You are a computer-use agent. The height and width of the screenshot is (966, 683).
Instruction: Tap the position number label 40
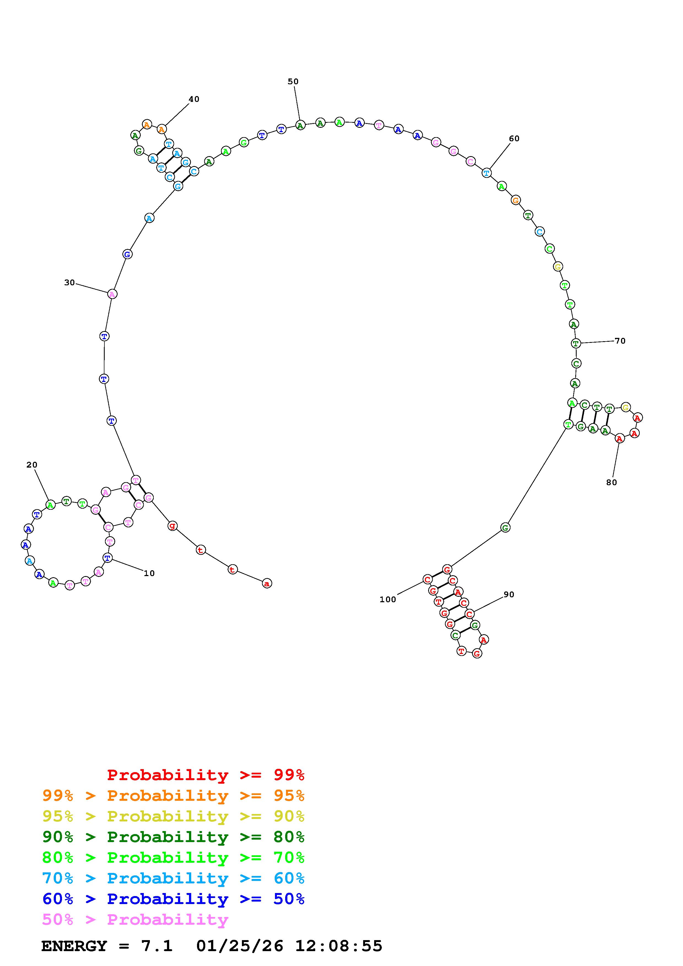194,99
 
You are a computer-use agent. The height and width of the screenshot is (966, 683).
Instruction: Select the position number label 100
388,599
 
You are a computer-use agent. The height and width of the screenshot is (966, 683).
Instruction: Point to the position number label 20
32,465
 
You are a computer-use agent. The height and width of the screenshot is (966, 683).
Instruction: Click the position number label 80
611,482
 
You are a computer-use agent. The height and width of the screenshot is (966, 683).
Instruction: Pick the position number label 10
149,573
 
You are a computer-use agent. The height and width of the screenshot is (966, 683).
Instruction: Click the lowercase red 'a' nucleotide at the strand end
267,583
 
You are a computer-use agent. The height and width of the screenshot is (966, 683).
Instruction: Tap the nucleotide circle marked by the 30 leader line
112,294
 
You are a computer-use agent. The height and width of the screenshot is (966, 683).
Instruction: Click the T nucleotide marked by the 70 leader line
576,343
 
